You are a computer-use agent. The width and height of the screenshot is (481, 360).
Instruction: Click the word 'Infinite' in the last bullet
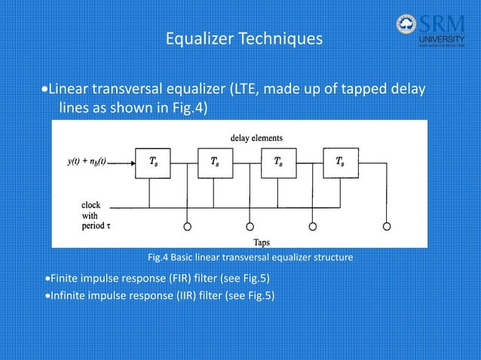tap(69, 294)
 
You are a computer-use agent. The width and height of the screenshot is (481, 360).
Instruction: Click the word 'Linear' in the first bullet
tap(69, 91)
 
